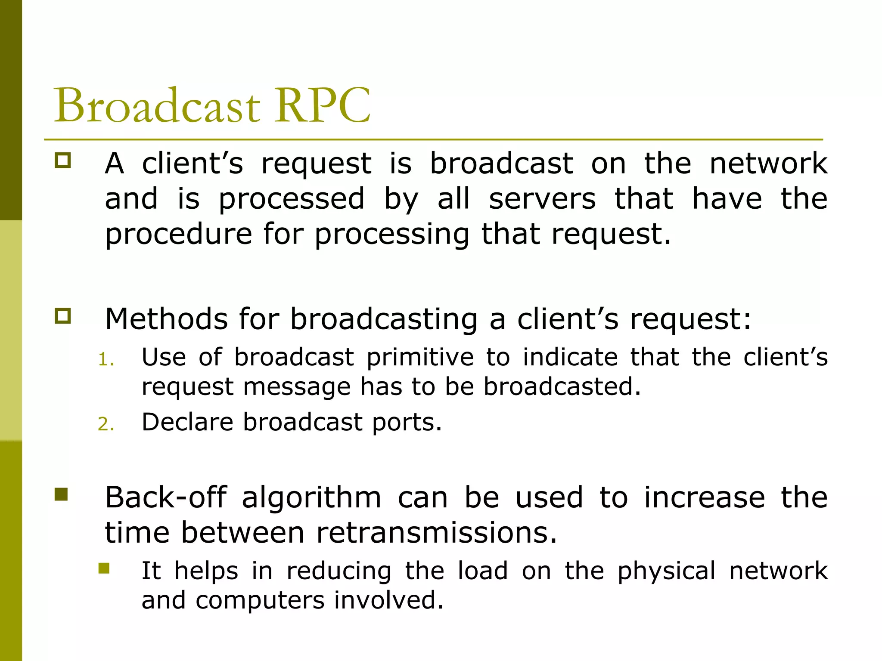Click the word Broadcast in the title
[x=157, y=105]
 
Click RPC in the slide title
[x=323, y=105]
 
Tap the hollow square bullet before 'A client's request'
[x=63, y=161]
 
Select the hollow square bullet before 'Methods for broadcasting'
[x=63, y=316]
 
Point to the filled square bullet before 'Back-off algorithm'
[x=62, y=494]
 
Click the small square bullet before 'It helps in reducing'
[x=104, y=568]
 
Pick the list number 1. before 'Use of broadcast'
[x=106, y=360]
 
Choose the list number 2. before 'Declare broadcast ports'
[x=106, y=424]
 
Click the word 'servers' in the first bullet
[x=542, y=199]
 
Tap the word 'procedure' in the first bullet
[x=179, y=235]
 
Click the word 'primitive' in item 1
[x=420, y=357]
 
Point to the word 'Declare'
[x=187, y=422]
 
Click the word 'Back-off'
[x=166, y=497]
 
